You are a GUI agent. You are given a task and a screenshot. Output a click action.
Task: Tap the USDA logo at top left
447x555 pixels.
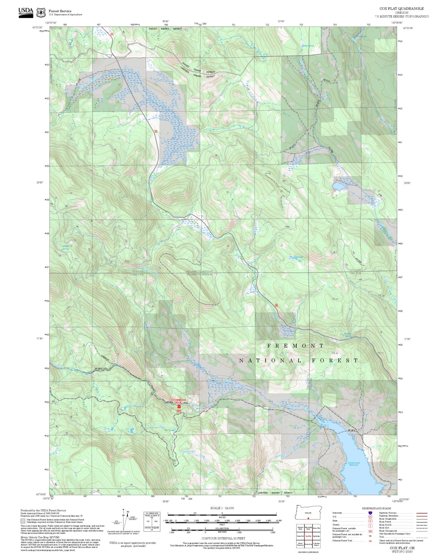(x=26, y=12)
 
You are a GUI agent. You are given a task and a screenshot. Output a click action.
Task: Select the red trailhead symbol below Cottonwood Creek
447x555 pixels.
(x=179, y=407)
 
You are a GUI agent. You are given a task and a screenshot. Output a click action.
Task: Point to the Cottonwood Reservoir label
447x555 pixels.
(x=354, y=464)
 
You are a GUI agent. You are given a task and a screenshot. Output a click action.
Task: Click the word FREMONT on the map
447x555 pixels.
(x=296, y=346)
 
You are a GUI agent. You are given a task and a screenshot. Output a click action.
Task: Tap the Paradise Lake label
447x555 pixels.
(x=296, y=257)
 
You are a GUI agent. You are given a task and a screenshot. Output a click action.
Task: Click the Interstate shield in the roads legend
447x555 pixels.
(x=370, y=513)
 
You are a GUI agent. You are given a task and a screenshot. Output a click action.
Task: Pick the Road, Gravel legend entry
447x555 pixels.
(x=385, y=525)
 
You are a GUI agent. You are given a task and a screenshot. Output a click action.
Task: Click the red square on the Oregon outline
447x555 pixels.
(x=308, y=518)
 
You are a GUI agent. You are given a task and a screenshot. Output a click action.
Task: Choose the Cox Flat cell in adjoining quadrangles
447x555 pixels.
(x=308, y=536)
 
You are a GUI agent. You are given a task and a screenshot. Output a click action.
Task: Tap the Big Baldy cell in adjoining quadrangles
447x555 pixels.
(x=316, y=536)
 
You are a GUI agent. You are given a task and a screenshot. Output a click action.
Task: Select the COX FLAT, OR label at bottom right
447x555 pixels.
(x=402, y=548)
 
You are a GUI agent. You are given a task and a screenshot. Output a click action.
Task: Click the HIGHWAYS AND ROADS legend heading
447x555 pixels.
(x=376, y=508)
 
